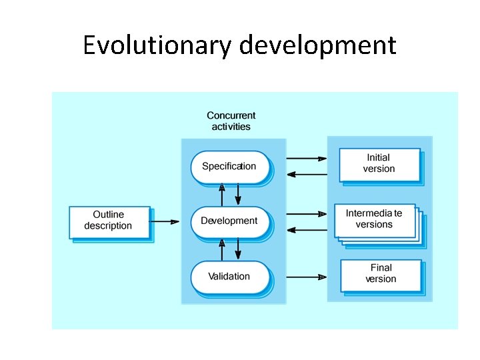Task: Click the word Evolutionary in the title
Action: pyautogui.click(x=157, y=45)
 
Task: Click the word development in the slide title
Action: pyautogui.click(x=317, y=45)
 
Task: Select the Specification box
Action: pyautogui.click(x=229, y=167)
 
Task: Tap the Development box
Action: pyautogui.click(x=229, y=221)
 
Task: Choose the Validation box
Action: pyautogui.click(x=229, y=277)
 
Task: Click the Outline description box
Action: pyautogui.click(x=109, y=221)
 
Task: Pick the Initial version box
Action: pyautogui.click(x=379, y=164)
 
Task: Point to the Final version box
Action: pyautogui.click(x=381, y=274)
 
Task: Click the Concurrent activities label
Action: pyautogui.click(x=231, y=121)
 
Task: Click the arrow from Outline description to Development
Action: pyautogui.click(x=166, y=221)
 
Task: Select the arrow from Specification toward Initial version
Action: pyautogui.click(x=307, y=159)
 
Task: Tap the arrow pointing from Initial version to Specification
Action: pyautogui.click(x=307, y=175)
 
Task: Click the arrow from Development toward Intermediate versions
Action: pyautogui.click(x=307, y=214)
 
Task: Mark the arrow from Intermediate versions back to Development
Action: pyautogui.click(x=307, y=230)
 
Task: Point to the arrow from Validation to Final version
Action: pyautogui.click(x=307, y=277)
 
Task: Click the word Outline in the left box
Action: pyautogui.click(x=109, y=215)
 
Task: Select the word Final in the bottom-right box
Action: pyautogui.click(x=381, y=268)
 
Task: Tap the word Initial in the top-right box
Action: pyautogui.click(x=379, y=158)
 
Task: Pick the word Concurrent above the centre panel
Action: pyautogui.click(x=231, y=116)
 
